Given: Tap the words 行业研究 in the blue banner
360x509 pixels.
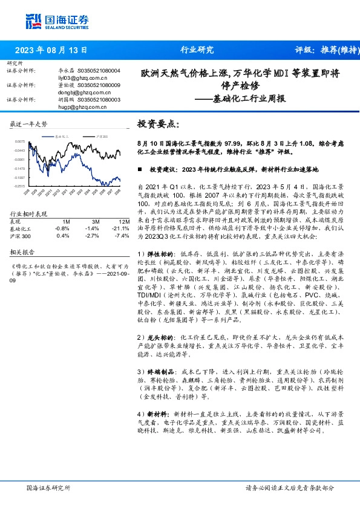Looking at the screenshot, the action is tap(197, 50).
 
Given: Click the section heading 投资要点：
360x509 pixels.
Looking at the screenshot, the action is tap(159, 123).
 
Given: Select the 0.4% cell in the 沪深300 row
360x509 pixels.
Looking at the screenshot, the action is tap(62, 235).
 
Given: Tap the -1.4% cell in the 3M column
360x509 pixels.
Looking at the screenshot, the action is tap(91, 229).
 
